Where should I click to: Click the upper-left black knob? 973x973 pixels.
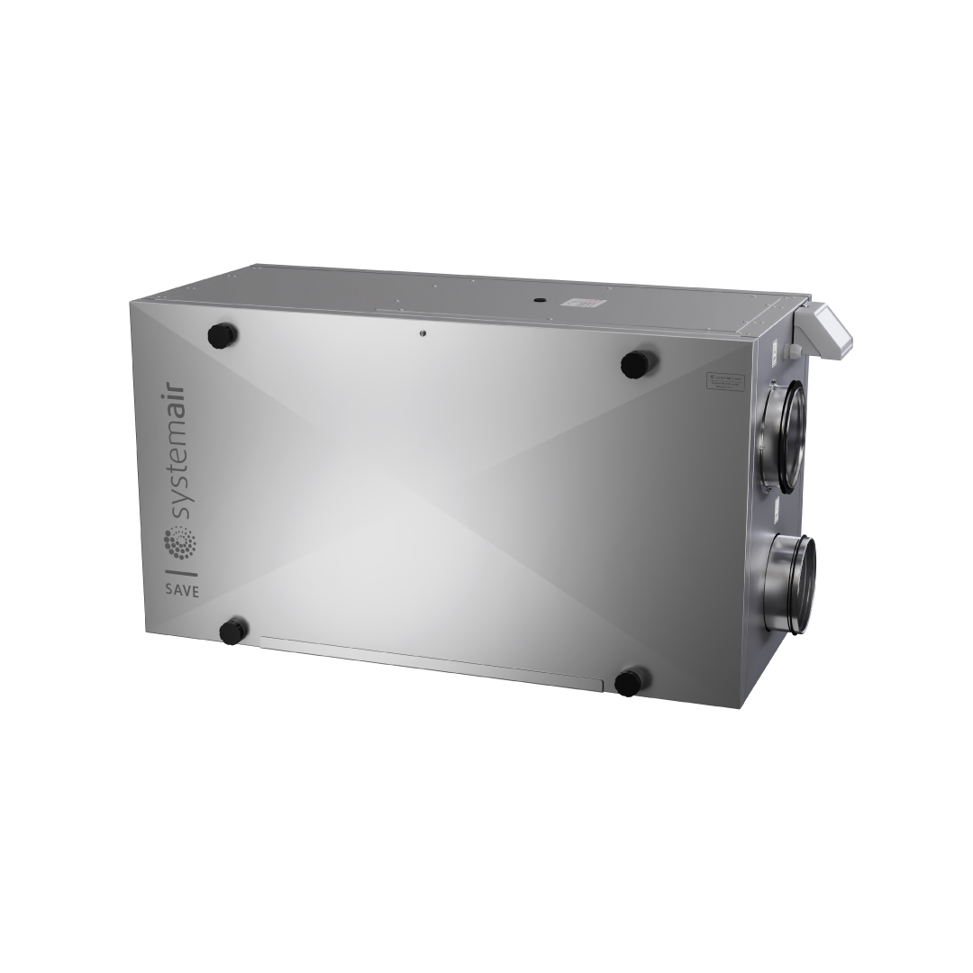223,336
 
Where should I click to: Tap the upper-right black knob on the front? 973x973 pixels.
638,364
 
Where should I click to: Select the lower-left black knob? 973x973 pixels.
233,630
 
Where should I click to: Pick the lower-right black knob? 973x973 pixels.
630,682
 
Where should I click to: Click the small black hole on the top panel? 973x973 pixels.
536,296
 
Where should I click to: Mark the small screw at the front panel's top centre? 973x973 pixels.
422,332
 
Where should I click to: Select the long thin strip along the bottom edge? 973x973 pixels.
431,663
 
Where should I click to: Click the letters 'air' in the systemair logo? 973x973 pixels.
177,399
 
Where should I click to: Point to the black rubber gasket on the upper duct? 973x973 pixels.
793,437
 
